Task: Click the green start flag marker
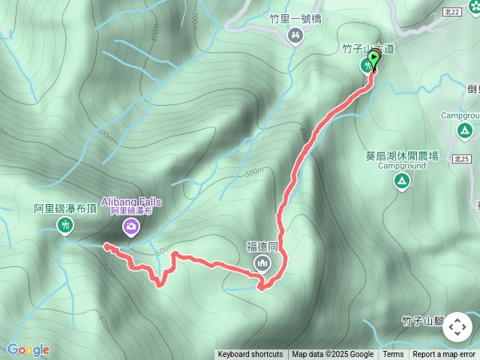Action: point(373,58)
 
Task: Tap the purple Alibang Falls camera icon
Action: point(131,226)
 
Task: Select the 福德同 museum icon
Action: point(262,262)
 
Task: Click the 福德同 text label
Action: point(262,246)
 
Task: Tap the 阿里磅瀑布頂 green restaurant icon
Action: point(65,225)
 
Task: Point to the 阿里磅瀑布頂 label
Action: point(65,208)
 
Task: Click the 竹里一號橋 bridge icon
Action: point(295,34)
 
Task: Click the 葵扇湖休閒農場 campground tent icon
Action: point(402,181)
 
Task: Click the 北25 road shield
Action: point(462,159)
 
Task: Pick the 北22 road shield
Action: point(472,12)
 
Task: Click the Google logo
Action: point(28,349)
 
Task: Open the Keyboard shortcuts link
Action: point(250,355)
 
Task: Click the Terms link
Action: point(393,355)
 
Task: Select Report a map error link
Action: point(444,355)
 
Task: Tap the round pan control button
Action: point(457,327)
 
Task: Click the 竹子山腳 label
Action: point(424,320)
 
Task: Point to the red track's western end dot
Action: point(106,246)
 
